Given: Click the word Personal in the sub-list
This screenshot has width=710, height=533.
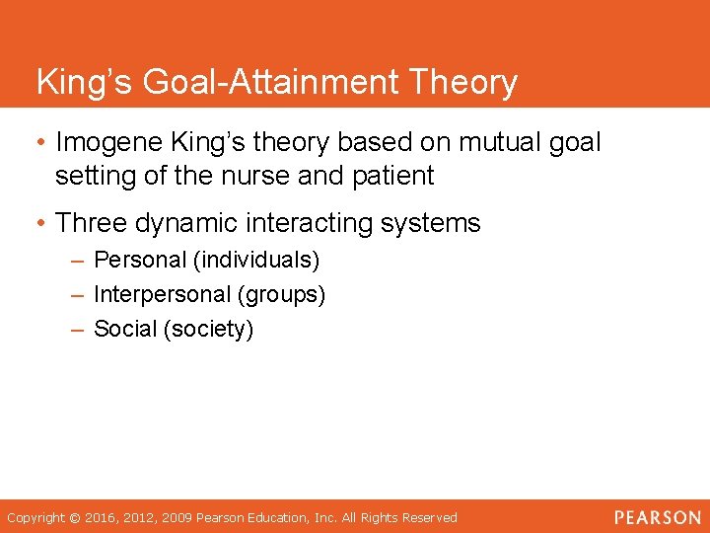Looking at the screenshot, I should (140, 261).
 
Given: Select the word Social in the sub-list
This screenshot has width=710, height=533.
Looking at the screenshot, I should (125, 329).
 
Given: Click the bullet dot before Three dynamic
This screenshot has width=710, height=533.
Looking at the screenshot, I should (40, 223).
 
